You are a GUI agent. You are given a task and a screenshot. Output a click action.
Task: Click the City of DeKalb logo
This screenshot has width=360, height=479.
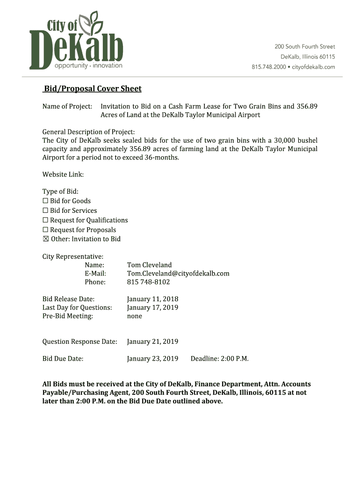(76, 41)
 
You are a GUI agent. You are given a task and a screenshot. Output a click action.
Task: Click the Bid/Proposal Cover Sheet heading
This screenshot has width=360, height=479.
(93, 89)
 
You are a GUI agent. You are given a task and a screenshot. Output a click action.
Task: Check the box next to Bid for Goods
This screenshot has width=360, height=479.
(46, 201)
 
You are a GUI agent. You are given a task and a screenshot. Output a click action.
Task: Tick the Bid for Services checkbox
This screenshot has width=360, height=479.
(46, 210)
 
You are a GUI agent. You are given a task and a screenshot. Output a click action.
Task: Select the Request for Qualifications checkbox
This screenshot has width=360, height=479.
(46, 220)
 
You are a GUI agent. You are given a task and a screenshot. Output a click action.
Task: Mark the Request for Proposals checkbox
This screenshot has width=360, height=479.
(46, 230)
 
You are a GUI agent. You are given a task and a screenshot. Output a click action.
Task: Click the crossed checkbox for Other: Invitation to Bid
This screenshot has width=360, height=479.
(46, 239)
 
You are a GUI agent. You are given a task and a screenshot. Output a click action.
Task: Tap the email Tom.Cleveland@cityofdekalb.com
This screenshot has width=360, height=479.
(178, 274)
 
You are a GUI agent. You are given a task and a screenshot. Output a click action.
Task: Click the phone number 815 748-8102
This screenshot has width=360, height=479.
(148, 282)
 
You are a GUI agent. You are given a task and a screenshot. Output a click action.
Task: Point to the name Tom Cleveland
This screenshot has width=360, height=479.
(149, 265)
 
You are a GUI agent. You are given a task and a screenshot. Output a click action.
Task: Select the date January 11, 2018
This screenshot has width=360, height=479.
(152, 299)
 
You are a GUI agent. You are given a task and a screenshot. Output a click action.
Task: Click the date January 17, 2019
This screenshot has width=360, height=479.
(152, 307)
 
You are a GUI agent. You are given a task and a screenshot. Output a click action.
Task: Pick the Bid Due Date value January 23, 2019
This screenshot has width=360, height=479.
(152, 359)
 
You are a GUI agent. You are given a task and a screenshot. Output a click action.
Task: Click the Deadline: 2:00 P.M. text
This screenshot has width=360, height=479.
(219, 359)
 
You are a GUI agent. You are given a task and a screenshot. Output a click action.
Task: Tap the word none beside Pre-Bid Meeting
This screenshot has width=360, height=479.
(135, 316)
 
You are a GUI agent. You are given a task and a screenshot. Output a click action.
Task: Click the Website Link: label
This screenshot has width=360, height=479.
(63, 174)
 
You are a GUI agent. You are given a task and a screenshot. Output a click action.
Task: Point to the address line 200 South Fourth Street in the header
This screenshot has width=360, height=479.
(304, 47)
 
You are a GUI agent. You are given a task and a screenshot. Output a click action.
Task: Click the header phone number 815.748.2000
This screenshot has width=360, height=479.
(269, 67)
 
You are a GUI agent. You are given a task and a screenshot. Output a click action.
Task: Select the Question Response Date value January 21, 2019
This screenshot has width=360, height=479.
(152, 342)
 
